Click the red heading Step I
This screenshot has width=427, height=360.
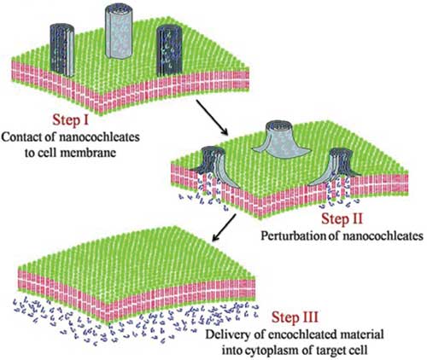point(70,120)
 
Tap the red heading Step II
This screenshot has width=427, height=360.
point(342,219)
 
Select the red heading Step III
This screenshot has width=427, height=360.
point(295,317)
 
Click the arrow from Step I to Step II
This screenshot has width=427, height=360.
point(213,117)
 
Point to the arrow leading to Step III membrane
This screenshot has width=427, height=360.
point(225,228)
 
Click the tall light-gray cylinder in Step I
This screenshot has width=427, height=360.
point(120,32)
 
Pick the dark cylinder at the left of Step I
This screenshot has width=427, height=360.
point(62,50)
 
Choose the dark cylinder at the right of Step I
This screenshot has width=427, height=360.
point(169,51)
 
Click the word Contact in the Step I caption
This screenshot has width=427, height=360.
point(21,137)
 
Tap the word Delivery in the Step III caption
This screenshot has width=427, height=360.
point(226,334)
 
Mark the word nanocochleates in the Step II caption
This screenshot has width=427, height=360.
point(383,236)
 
